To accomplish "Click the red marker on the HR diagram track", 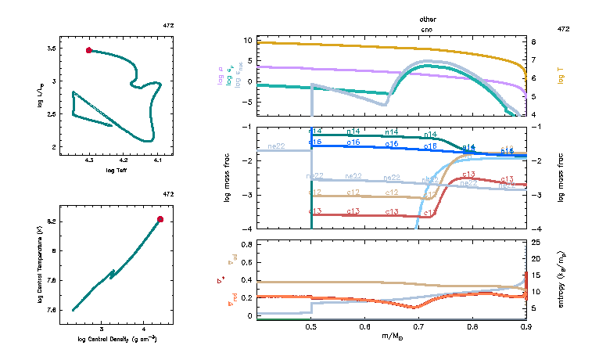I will (x=89, y=50).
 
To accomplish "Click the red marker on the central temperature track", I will (x=160, y=219).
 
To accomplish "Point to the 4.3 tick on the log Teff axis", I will (x=89, y=160).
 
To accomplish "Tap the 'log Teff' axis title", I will (x=117, y=170).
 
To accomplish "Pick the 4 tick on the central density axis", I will (x=144, y=329).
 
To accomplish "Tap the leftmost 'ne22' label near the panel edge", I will (x=276, y=146).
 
